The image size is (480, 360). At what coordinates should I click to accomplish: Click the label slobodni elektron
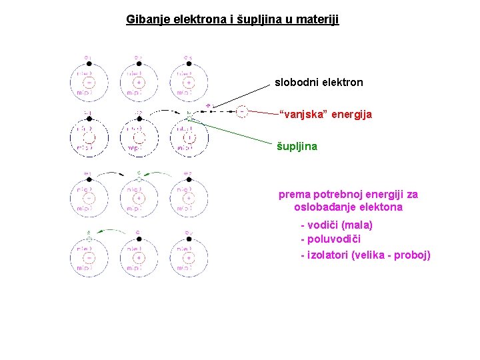pyautogui.click(x=319, y=83)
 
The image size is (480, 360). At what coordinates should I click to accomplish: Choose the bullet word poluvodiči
pyautogui.click(x=333, y=239)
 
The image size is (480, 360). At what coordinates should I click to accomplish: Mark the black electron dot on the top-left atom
pyautogui.click(x=89, y=64)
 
